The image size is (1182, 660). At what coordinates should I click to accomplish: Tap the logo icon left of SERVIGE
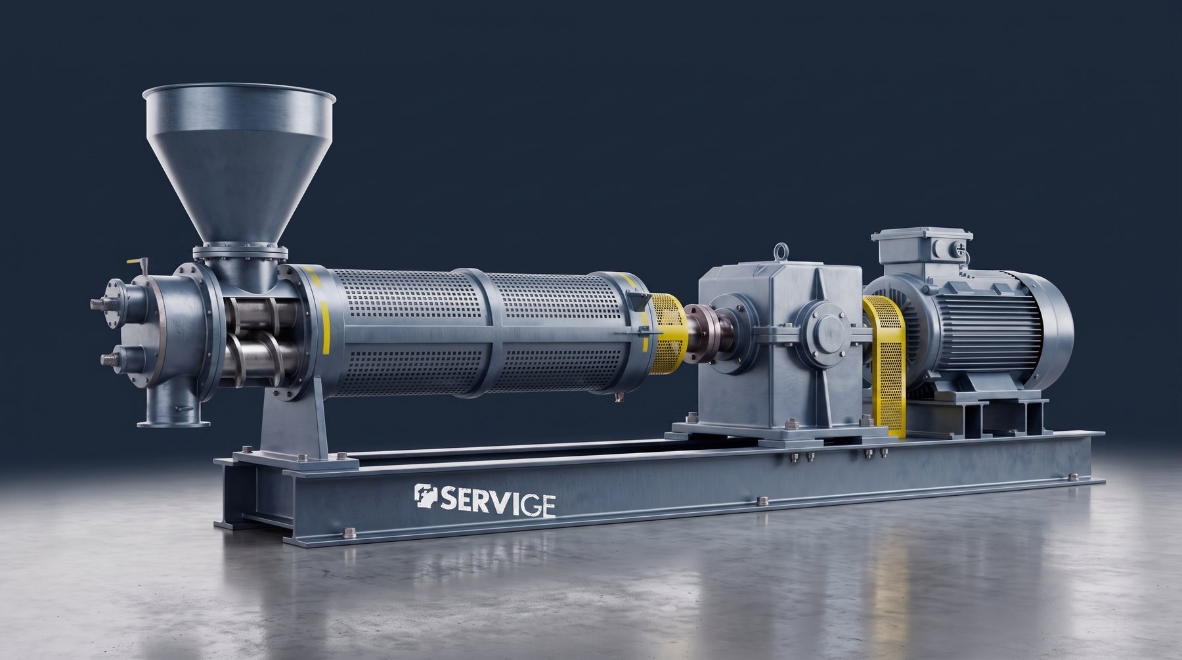426,497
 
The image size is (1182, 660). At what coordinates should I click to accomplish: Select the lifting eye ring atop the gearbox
780,251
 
